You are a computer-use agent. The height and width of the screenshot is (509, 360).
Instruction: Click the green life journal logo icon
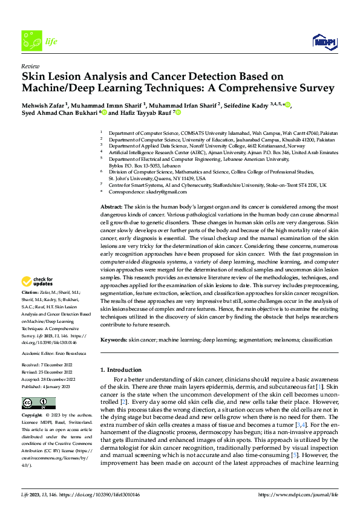(30, 41)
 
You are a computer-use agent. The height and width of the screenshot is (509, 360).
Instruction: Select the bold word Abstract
(112, 207)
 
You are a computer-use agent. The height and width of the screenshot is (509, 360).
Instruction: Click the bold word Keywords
(114, 340)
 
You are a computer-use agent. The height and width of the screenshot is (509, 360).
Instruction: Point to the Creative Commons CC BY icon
(36, 403)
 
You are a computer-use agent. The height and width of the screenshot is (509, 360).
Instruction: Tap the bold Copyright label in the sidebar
(33, 416)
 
